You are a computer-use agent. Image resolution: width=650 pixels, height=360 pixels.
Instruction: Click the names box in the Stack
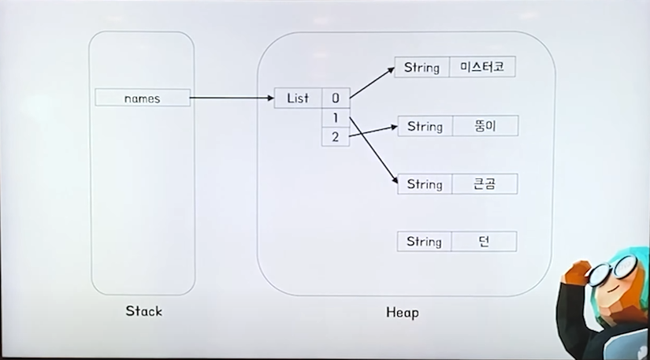(143, 98)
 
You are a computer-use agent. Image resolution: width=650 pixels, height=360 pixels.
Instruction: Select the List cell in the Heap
(298, 98)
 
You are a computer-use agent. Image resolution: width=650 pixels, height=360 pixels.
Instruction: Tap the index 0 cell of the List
(335, 98)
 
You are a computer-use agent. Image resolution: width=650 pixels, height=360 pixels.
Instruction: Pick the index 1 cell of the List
(335, 118)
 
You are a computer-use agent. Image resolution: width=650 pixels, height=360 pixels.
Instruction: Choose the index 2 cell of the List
(335, 137)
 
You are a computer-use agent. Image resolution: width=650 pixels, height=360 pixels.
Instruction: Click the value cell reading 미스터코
(482, 67)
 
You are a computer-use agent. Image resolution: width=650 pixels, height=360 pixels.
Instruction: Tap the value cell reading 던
(485, 241)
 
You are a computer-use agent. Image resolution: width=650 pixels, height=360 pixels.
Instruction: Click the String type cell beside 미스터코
(422, 67)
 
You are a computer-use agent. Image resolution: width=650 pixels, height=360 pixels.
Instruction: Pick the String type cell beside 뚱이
(425, 126)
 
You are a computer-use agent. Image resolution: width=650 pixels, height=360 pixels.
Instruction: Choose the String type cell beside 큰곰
(425, 184)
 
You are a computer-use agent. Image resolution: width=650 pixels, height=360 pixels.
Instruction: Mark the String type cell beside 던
(424, 241)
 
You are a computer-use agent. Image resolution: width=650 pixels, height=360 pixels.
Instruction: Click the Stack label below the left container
(143, 310)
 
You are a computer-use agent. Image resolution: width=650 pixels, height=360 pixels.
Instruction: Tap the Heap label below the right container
(402, 312)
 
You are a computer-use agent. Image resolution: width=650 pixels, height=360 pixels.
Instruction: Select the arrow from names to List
(232, 98)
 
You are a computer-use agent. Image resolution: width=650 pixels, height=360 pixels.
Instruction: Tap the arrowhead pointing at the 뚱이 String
(393, 126)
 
